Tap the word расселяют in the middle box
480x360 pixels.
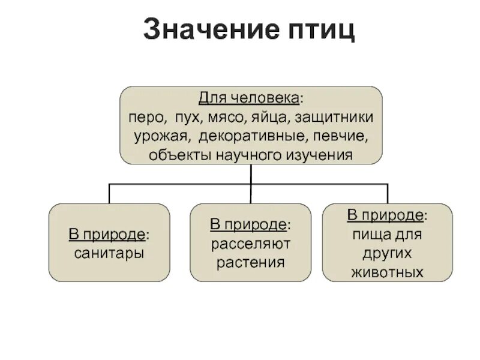pyautogui.click(x=250, y=244)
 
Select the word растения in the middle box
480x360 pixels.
pyautogui.click(x=250, y=262)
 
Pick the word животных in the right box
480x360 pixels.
pyautogui.click(x=386, y=272)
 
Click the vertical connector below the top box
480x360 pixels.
pyautogui.click(x=251, y=174)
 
